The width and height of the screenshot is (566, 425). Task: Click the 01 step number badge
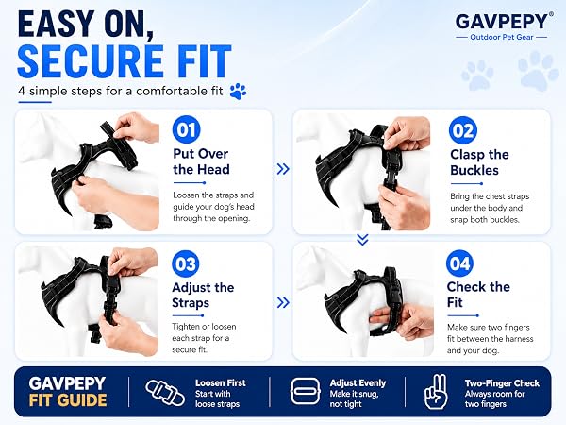(186, 129)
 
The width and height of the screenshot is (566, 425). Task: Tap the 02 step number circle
(463, 130)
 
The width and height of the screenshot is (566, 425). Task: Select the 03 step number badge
(186, 263)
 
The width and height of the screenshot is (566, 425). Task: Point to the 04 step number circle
(460, 263)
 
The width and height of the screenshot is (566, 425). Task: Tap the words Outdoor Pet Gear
(502, 37)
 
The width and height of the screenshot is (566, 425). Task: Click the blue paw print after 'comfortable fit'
(239, 92)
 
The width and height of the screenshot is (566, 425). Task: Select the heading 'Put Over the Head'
(201, 161)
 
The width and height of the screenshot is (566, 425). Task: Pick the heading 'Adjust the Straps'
(203, 295)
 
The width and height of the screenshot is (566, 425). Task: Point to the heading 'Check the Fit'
(478, 295)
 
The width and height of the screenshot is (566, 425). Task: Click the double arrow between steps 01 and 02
(283, 169)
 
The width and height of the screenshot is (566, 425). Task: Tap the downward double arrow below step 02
(362, 239)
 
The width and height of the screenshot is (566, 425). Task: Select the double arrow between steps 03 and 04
(283, 302)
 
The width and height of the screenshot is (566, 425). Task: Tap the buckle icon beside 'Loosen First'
(164, 393)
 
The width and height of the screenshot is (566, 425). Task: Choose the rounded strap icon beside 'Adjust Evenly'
(306, 391)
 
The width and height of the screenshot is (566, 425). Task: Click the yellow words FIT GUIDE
(68, 400)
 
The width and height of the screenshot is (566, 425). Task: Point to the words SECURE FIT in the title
(125, 61)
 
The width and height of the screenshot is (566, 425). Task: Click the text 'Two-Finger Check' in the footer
(502, 383)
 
